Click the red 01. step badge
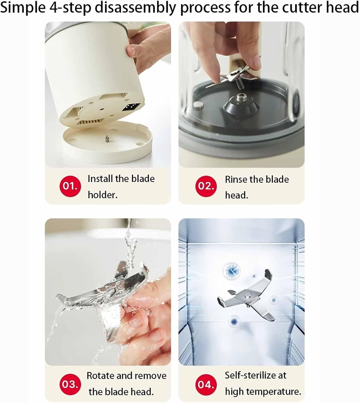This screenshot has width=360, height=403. coord(70,186)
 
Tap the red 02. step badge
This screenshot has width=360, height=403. coord(206,186)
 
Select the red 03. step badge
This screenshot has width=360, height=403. coord(70,384)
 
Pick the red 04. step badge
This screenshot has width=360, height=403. coord(206,384)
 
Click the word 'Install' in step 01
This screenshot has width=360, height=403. coord(100,179)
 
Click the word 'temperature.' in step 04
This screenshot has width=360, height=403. coord(275,392)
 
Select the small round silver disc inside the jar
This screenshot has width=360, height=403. coord(199,105)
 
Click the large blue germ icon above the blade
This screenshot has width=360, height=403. coord(231,271)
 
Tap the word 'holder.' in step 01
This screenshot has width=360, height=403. coord(103,195)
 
